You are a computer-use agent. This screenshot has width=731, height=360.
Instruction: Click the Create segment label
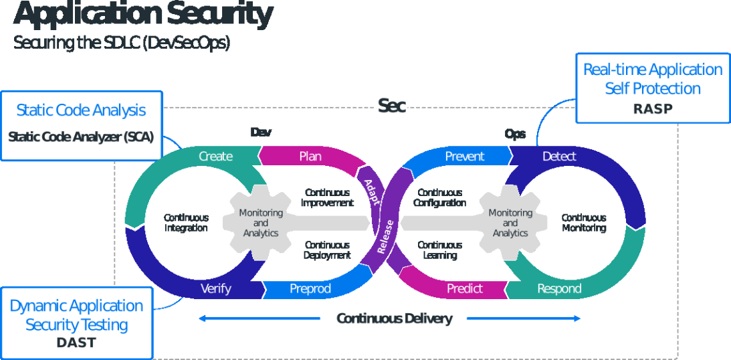pos(215,157)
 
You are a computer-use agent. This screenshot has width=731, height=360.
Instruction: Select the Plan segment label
pos(310,157)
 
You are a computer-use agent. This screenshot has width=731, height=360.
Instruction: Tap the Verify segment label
pos(215,288)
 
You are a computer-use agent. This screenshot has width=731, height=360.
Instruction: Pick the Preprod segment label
pos(310,289)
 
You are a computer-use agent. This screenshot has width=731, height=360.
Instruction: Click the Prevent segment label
pos(464,157)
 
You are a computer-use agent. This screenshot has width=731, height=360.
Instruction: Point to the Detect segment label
pos(559,157)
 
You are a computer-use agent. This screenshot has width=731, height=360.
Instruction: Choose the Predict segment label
pos(464,288)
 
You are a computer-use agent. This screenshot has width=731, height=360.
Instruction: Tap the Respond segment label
pos(559,289)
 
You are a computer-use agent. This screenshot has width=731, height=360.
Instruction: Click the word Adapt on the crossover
pos(371,191)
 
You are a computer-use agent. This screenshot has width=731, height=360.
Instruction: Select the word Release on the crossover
pos(385,236)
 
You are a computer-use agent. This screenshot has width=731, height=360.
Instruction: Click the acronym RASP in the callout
pos(653,108)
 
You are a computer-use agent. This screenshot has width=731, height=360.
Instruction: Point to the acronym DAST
pos(76,343)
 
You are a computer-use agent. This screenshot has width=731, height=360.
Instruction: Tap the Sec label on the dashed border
pos(392,106)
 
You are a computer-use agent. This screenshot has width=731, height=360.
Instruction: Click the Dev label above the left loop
pos(261,132)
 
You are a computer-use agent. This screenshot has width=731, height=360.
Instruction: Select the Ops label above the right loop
pos(515,134)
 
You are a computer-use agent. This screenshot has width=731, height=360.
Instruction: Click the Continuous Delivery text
pos(394,319)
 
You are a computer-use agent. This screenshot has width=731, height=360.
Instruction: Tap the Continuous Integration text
pos(186,223)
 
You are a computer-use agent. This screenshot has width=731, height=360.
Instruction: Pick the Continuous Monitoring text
pos(584,223)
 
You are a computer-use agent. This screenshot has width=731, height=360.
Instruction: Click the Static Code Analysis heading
pos(81,110)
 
